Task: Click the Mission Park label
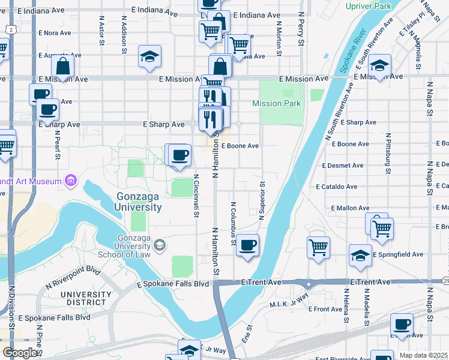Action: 276,103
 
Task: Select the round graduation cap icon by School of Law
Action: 160,244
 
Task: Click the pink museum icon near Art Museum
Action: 71,181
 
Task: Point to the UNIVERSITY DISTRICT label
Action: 86,299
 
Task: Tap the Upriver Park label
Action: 368,6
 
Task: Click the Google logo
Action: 20,352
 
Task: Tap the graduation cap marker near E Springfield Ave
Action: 360,256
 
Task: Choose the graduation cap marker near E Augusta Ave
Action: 149,57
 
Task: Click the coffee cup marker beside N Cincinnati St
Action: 179,156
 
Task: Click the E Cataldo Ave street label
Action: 339,187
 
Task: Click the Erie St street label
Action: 247,332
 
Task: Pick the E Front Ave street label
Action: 325,309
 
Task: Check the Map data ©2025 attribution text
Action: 424,355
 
